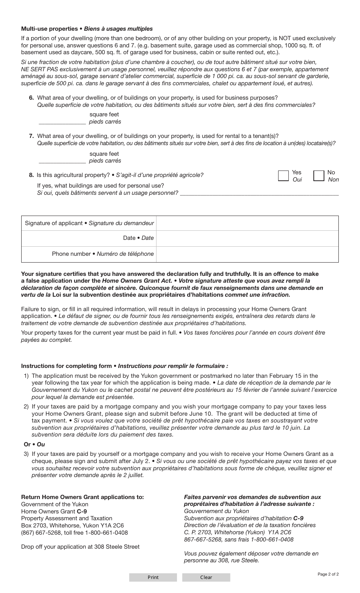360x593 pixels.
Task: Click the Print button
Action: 153,577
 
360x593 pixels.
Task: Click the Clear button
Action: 206,577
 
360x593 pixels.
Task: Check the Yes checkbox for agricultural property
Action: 283,176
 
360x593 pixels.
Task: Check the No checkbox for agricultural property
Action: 319,176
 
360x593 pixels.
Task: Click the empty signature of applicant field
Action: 247,223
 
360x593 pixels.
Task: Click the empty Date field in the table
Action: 247,238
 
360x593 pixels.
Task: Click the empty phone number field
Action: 247,254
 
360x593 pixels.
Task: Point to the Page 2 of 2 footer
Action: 328,574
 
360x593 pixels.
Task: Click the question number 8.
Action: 31,175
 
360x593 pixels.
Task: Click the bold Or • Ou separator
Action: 34,444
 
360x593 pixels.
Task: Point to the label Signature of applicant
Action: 53,223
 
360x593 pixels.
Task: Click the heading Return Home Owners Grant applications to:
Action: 82,497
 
